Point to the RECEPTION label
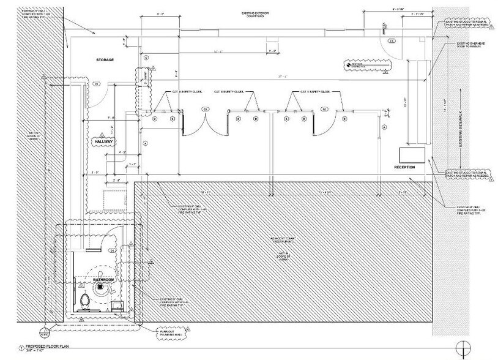404,167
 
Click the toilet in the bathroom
86,300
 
